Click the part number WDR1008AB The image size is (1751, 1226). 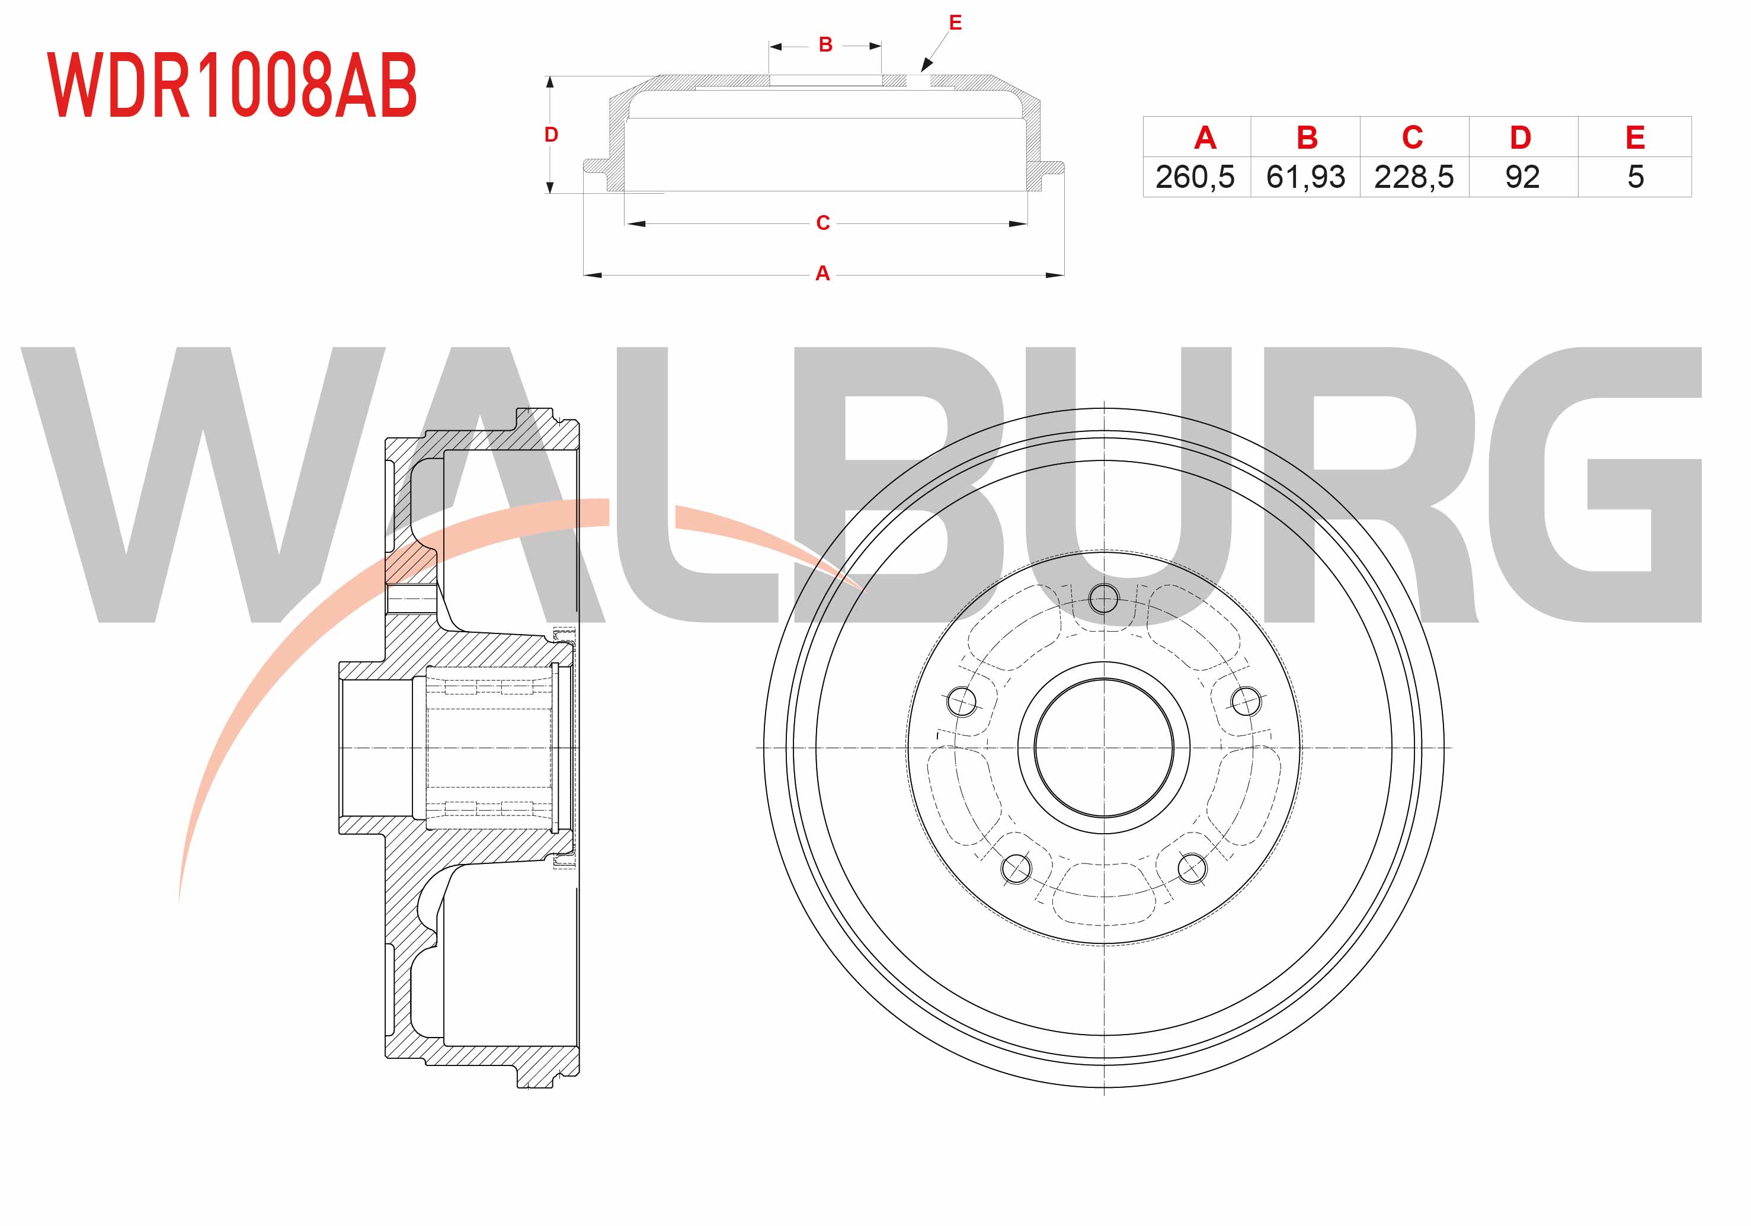(x=232, y=85)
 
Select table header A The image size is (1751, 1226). (x=1204, y=138)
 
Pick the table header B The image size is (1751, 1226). (x=1307, y=138)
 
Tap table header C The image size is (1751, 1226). (x=1413, y=137)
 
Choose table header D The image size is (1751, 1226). (x=1520, y=138)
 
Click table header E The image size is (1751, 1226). (x=1635, y=138)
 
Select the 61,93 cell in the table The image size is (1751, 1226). (x=1305, y=177)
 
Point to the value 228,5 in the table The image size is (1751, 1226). (x=1414, y=177)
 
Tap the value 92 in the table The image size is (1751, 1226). (x=1522, y=177)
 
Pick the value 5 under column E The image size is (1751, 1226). (x=1635, y=177)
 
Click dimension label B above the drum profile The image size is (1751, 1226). (x=825, y=45)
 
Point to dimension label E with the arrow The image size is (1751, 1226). (x=955, y=23)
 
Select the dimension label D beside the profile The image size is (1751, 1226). (x=550, y=135)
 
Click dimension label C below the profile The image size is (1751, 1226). (x=823, y=223)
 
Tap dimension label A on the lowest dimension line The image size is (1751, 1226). (x=822, y=273)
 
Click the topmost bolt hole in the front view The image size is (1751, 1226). (x=1103, y=598)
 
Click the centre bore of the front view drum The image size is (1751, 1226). (x=1103, y=748)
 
